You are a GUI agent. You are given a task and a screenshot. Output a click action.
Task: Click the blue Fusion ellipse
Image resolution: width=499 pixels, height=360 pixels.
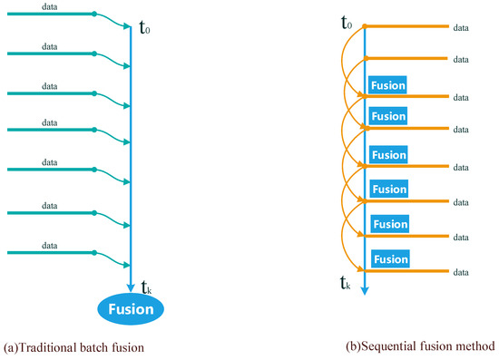point(132,309)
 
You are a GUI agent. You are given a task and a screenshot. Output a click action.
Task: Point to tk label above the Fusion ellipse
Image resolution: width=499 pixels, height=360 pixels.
point(145,288)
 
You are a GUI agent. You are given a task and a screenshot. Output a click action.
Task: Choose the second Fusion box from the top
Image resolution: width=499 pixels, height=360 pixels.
point(388,116)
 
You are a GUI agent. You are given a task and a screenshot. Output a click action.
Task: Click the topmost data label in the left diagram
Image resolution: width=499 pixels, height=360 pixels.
point(54,8)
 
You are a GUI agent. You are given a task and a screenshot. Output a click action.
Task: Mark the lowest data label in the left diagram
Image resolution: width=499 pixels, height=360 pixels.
point(54,245)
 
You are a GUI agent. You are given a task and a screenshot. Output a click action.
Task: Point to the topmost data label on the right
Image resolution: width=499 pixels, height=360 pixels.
point(460,27)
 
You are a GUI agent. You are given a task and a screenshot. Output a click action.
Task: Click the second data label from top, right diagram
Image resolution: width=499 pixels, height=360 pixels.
point(460,59)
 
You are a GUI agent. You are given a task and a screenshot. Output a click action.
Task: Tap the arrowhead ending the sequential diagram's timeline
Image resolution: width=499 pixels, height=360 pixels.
point(365,290)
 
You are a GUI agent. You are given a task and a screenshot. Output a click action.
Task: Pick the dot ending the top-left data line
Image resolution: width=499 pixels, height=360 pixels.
point(94,15)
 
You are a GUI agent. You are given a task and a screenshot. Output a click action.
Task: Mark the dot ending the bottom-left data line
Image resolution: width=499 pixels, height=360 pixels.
point(94,251)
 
